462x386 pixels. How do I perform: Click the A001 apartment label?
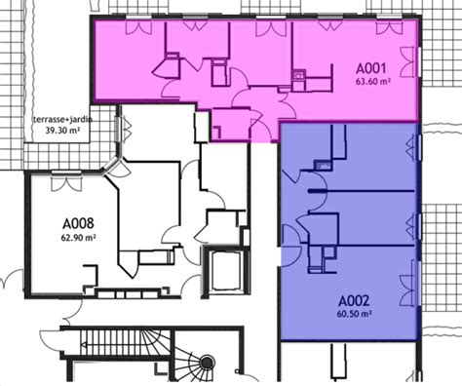click(371, 68)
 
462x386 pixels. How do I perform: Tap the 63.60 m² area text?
click(373, 81)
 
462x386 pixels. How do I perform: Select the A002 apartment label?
click(354, 301)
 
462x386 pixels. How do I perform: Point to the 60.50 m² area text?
click(355, 314)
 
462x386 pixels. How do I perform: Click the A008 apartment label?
click(78, 223)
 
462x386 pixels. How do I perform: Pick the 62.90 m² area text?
click(78, 238)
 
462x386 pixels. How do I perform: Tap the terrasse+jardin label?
click(62, 120)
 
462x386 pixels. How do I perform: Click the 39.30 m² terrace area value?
click(62, 131)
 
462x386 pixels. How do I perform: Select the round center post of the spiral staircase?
click(207, 362)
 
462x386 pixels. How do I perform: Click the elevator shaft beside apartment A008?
click(226, 272)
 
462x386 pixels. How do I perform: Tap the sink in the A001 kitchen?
click(298, 75)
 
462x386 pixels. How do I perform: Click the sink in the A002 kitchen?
click(323, 165)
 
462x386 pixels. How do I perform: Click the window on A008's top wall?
click(66, 181)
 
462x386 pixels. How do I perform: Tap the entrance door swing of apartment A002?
click(290, 246)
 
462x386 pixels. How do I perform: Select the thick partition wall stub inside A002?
click(317, 191)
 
